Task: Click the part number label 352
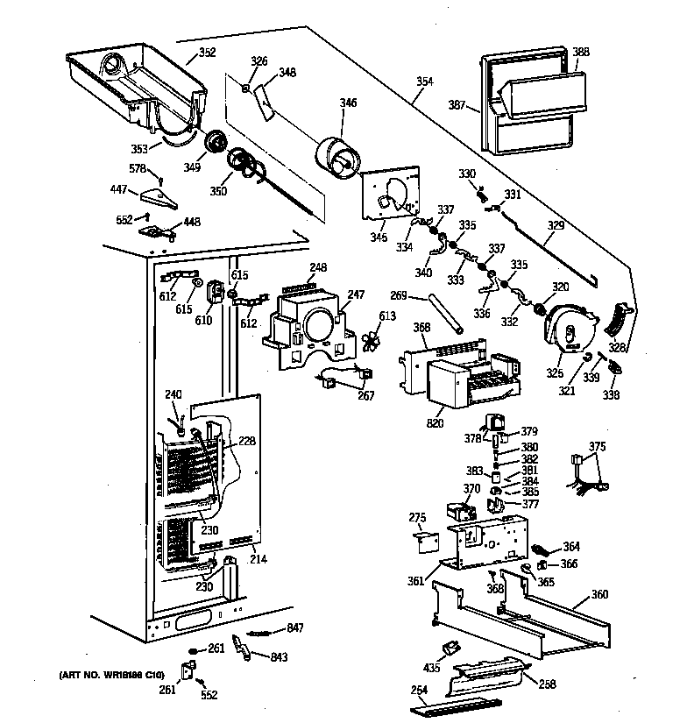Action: click(x=207, y=53)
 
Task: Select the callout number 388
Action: click(x=581, y=52)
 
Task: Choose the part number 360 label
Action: click(x=599, y=594)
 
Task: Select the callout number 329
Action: click(x=556, y=225)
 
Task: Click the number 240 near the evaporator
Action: click(x=173, y=394)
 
